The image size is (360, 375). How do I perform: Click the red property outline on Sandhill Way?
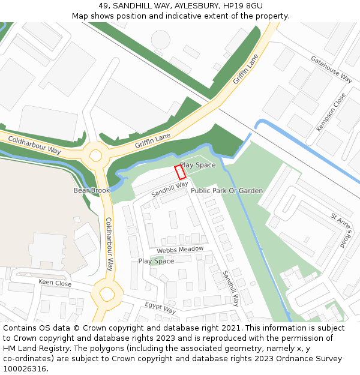[179, 172]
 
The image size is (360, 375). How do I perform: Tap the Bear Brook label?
[92, 190]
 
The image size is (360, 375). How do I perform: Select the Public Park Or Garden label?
[227, 191]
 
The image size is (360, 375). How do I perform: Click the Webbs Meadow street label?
[180, 250]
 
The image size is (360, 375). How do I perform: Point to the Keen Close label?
[55, 283]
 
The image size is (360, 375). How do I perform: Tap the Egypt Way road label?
[160, 308]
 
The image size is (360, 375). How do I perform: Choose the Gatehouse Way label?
[331, 68]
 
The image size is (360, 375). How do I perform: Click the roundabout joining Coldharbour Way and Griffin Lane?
[95, 155]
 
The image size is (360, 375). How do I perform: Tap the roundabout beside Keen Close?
[107, 294]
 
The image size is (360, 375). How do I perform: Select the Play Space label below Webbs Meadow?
[156, 261]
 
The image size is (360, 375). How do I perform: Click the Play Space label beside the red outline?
[198, 165]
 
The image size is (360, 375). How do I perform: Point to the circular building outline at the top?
[161, 40]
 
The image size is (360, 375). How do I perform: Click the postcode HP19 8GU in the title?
[240, 5]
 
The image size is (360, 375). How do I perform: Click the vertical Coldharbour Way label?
[110, 244]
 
